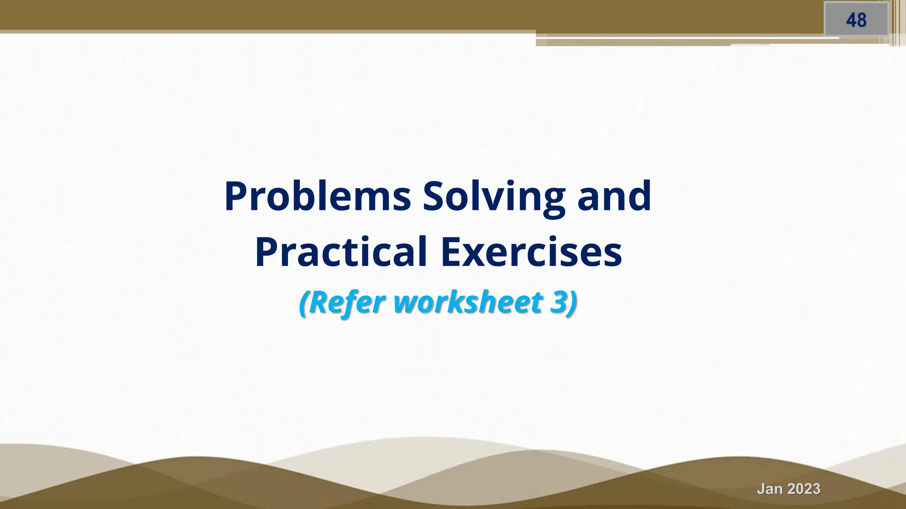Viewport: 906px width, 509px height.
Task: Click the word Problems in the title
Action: [317, 196]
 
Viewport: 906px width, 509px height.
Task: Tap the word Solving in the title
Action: [494, 197]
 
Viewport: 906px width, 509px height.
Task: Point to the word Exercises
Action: [531, 252]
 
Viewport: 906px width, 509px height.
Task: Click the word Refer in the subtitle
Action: [347, 302]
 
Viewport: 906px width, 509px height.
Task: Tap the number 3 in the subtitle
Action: [558, 302]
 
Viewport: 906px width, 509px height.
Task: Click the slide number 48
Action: [856, 20]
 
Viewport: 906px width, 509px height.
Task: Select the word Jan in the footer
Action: [770, 489]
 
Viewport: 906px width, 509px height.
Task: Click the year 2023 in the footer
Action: [803, 489]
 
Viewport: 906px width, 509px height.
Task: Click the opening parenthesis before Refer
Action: [304, 303]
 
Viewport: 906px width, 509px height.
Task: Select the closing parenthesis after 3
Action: [572, 303]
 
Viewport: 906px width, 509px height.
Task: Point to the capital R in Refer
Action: [317, 302]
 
